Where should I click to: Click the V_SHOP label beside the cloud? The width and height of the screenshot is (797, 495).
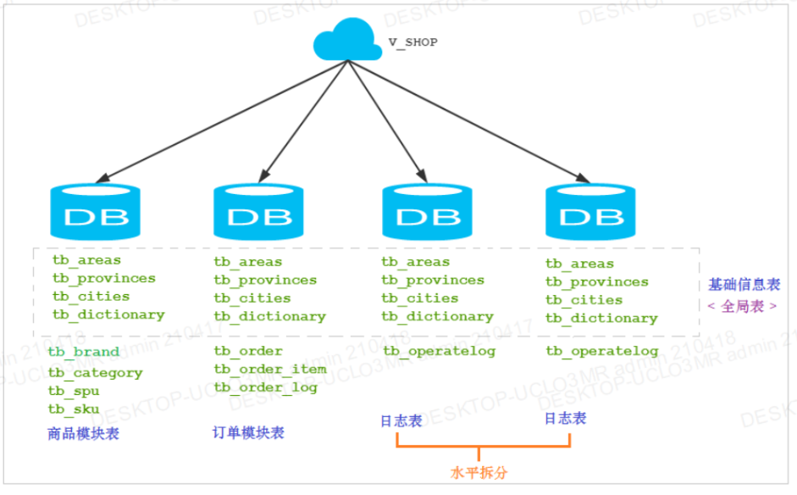(x=412, y=42)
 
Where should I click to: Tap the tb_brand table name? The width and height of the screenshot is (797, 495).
(x=83, y=352)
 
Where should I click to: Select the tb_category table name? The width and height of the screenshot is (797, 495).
(x=95, y=372)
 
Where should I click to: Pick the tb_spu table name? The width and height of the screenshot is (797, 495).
(x=74, y=391)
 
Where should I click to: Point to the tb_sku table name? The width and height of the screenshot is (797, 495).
(x=74, y=409)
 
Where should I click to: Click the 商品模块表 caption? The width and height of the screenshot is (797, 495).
(x=83, y=434)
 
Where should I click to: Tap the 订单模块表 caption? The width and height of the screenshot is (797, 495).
(x=248, y=433)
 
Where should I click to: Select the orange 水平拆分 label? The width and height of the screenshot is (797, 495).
(x=479, y=472)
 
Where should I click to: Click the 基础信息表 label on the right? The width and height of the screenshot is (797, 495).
(x=744, y=285)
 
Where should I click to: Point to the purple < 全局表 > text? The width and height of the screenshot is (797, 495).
(x=742, y=306)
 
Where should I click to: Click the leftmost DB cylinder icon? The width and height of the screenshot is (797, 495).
(x=96, y=214)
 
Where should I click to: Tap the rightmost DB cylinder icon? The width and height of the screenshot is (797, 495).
(x=589, y=214)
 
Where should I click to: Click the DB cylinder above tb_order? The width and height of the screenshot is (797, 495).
(x=257, y=214)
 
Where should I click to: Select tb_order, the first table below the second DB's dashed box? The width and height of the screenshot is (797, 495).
(x=248, y=351)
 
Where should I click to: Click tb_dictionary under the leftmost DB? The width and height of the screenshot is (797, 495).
(x=108, y=314)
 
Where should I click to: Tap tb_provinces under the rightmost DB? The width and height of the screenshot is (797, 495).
(x=597, y=281)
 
